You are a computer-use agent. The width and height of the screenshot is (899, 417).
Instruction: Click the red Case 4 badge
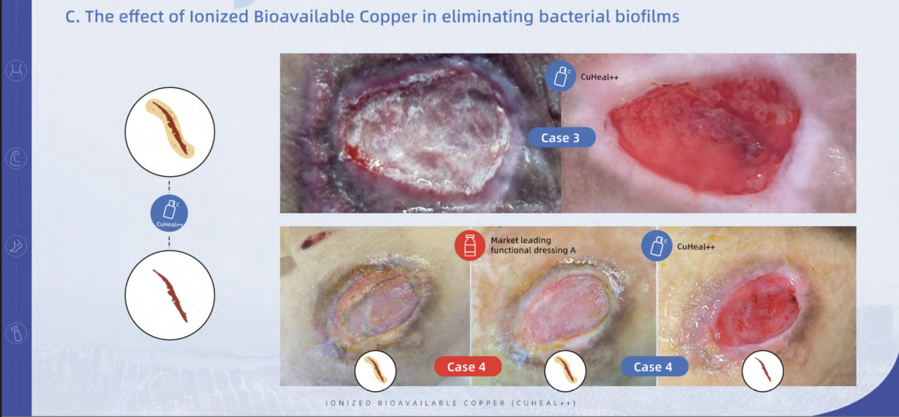467,366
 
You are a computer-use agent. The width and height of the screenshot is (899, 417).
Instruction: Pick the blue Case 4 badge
653,366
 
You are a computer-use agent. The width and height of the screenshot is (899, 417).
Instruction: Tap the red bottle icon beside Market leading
469,245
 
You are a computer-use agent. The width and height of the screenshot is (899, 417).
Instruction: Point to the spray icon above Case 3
559,77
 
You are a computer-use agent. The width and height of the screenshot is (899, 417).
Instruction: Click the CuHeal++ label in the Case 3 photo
598,72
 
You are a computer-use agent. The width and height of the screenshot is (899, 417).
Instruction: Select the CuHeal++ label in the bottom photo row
695,246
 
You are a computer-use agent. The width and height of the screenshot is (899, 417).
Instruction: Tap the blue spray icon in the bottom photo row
657,246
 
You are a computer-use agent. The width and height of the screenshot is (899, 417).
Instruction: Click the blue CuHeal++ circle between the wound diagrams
169,213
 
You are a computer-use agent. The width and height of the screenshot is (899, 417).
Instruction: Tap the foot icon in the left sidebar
15,246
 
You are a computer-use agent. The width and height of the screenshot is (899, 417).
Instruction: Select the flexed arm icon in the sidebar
15,159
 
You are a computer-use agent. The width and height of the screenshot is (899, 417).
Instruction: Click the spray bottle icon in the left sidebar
15,333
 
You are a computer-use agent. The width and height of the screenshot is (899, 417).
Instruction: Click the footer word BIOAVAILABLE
406,403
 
